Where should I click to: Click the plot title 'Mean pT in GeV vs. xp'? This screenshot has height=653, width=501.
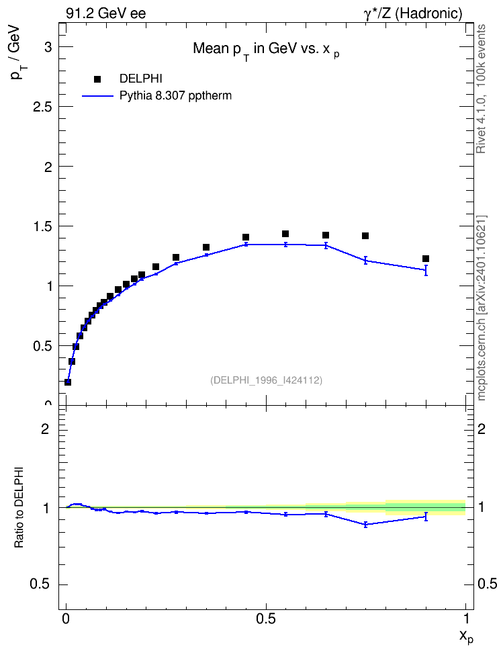(x=266, y=50)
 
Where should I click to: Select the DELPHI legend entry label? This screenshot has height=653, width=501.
(x=141, y=79)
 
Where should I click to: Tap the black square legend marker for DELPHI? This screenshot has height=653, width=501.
(x=97, y=79)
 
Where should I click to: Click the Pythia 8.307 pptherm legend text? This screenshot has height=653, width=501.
(x=175, y=96)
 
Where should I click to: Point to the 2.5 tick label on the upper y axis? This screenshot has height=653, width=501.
(x=42, y=107)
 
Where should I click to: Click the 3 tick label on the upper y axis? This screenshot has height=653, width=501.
(x=48, y=47)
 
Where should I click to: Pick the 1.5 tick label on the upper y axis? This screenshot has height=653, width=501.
(x=42, y=226)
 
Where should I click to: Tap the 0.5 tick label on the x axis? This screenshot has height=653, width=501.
(x=266, y=619)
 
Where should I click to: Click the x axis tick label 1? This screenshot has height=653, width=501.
(x=466, y=619)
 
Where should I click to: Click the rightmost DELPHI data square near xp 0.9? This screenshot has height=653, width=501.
(x=426, y=259)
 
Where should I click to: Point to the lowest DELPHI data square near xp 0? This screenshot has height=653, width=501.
(x=68, y=382)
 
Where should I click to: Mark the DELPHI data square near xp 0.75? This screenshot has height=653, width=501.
(x=365, y=236)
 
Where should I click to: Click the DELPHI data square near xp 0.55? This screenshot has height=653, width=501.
(x=285, y=234)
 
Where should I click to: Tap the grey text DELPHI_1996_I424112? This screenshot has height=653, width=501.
(x=266, y=380)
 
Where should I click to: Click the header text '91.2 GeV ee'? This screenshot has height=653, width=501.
(x=106, y=13)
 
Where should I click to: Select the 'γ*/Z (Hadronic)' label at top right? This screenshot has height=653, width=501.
(x=413, y=13)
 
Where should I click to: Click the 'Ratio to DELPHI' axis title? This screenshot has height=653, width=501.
(x=19, y=507)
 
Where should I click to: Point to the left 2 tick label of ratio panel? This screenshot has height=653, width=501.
(x=45, y=429)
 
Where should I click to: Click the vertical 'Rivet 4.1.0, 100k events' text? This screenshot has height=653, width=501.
(x=481, y=89)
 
